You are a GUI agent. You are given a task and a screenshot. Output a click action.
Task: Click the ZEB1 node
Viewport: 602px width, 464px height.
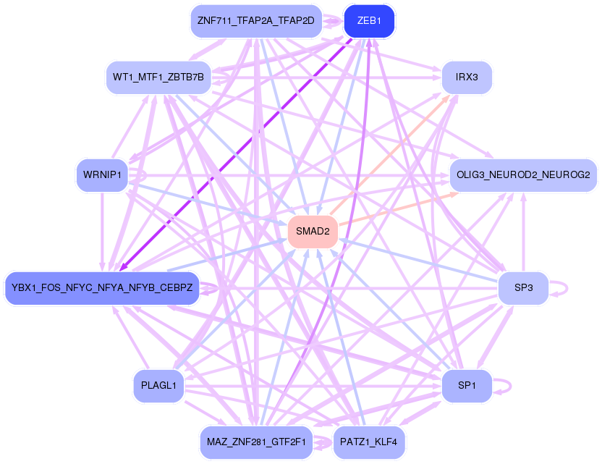tap(369, 22)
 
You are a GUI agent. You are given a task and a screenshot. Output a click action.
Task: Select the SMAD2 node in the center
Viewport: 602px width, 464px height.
tap(313, 232)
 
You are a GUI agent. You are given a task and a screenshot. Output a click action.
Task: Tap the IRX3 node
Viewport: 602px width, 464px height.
tap(467, 77)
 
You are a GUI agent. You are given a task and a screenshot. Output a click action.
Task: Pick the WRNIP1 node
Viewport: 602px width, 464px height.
tap(102, 175)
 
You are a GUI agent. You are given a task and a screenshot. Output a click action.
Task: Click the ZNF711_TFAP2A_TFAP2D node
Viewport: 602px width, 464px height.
tap(255, 21)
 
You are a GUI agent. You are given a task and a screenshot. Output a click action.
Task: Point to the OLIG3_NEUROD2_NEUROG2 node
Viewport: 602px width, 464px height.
tap(523, 175)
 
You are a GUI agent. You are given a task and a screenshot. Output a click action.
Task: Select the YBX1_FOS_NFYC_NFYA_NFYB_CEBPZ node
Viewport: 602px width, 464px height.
tap(102, 288)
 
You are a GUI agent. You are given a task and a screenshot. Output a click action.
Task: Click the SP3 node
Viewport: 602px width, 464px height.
tap(523, 288)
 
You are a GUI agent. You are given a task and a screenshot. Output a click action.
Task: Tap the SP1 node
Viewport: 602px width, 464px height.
tap(467, 386)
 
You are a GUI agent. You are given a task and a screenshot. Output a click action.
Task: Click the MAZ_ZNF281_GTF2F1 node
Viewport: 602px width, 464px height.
tap(255, 442)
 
